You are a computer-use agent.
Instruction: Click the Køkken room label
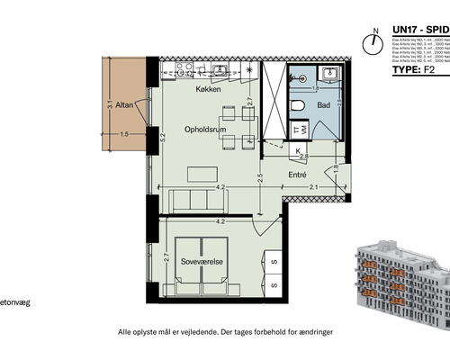click(209, 91)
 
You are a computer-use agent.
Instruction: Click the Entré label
click(298, 175)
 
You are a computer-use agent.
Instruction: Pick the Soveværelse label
click(201, 263)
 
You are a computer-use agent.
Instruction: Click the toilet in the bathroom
click(297, 106)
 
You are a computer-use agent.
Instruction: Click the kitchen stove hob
click(222, 69)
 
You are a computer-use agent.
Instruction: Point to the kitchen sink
click(179, 69)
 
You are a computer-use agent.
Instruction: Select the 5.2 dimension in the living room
click(164, 139)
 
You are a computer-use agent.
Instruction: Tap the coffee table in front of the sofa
click(198, 173)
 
